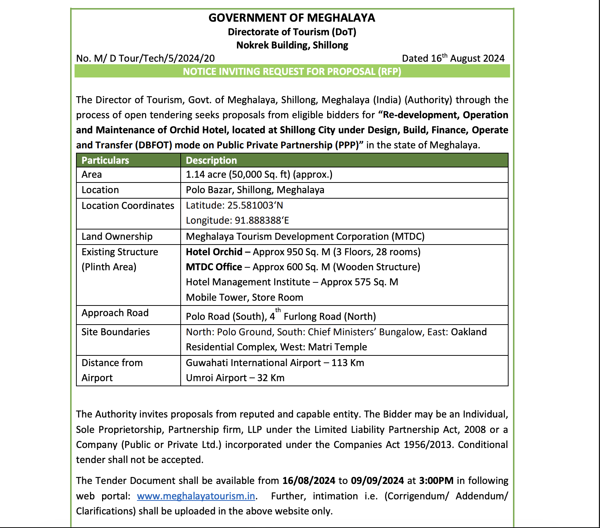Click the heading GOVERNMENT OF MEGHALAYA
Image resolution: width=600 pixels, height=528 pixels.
click(292, 18)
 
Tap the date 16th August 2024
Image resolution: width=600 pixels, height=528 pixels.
click(453, 58)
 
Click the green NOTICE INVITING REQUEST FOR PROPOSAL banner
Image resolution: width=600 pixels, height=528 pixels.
click(292, 71)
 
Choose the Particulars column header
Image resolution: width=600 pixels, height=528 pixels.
click(105, 160)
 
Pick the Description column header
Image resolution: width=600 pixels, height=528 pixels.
click(211, 160)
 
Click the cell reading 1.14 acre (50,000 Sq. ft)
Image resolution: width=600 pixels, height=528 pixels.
click(259, 174)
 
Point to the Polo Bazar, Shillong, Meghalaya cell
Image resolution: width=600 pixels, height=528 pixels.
click(255, 190)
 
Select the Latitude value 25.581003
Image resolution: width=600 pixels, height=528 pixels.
click(255, 205)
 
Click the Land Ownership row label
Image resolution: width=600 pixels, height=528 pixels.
click(117, 236)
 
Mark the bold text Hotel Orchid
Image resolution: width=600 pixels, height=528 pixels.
click(214, 252)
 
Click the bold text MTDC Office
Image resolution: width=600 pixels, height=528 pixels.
click(214, 267)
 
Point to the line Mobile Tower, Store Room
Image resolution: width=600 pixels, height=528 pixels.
click(244, 297)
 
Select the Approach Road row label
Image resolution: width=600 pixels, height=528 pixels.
click(115, 313)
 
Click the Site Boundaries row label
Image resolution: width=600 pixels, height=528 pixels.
click(116, 332)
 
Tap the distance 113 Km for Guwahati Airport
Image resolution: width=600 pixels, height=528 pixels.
click(347, 363)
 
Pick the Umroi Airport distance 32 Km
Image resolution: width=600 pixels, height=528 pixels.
click(271, 378)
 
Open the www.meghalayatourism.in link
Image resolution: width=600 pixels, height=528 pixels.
click(196, 496)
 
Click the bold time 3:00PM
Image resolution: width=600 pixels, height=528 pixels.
click(436, 481)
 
